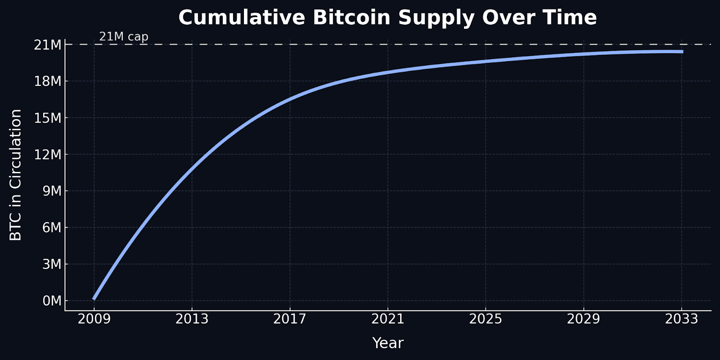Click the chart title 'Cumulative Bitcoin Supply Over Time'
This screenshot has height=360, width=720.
pos(387,18)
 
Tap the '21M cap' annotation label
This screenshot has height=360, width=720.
pos(124,36)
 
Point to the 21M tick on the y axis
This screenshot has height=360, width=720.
pos(48,45)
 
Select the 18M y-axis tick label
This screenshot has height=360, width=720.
pos(48,81)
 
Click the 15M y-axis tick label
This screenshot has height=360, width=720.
pos(48,118)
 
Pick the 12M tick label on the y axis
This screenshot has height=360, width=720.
pos(48,154)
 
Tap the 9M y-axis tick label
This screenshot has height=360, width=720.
pos(52,191)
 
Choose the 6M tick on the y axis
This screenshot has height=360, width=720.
pos(52,227)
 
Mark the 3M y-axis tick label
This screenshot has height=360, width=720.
pos(52,264)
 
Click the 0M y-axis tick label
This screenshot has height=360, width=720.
pos(52,301)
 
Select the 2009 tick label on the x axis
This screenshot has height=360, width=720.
pos(94,319)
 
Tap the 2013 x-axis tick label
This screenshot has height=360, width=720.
pos(192,319)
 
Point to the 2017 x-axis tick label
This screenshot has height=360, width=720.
pos(290,319)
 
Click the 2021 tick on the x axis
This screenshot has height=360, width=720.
pos(387,319)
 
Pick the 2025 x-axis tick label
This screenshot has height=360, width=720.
pos(486,319)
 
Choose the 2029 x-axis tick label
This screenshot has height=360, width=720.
pos(583,319)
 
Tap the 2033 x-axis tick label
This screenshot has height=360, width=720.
pos(681,319)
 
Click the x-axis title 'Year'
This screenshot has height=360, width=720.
pos(387,343)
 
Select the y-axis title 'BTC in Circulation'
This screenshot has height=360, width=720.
pos(16,175)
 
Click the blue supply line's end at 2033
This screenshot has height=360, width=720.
pos(681,52)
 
